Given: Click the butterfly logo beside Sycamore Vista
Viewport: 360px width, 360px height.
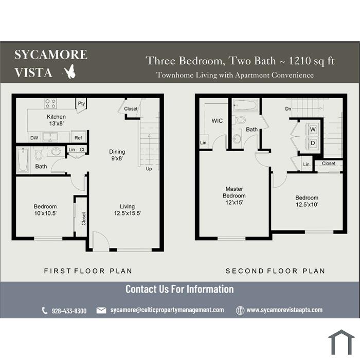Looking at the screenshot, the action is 70,71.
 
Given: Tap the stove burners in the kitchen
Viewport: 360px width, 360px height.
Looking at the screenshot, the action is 50,103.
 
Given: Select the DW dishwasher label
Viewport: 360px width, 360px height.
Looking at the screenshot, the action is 34,138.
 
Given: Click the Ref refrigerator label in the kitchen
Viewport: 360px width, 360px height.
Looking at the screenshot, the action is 78,138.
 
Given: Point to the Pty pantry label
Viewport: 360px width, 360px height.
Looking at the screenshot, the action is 81,103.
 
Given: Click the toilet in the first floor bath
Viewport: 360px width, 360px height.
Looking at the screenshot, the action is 39,154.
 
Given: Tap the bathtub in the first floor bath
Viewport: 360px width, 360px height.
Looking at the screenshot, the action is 23,159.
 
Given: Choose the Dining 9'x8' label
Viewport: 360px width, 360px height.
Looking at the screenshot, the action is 117,155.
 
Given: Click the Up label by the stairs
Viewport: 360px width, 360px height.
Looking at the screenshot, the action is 149,169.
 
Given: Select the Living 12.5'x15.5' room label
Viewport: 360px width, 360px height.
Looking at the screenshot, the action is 128,210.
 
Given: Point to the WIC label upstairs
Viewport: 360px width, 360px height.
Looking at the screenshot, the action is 217,121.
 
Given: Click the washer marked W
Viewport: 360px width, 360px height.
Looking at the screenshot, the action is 313,130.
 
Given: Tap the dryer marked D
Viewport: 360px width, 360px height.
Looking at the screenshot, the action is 313,143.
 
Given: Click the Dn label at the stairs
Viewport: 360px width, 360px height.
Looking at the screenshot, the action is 288,109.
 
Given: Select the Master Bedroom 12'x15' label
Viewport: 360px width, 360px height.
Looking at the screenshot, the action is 234,195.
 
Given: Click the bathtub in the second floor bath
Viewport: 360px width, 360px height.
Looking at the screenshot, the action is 245,105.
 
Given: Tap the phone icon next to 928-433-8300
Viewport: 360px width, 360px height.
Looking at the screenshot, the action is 45,311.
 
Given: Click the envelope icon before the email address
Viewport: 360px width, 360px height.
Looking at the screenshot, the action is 101,311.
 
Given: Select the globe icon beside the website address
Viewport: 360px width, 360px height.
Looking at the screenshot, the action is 240,311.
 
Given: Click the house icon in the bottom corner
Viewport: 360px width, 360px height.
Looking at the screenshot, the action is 341,343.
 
